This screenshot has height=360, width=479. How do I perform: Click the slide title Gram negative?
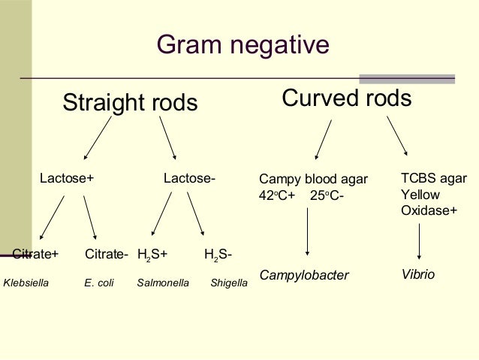click(x=243, y=46)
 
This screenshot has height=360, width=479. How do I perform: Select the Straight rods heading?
click(x=130, y=103)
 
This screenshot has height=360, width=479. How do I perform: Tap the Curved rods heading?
click(x=346, y=98)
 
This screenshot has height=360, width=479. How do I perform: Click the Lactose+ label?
click(x=67, y=179)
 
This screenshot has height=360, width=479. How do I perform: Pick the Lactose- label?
click(x=190, y=179)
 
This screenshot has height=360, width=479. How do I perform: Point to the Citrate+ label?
click(x=36, y=254)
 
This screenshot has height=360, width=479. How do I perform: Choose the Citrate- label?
click(x=106, y=254)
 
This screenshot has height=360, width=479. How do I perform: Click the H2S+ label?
click(x=152, y=255)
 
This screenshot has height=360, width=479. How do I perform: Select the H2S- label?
click(x=218, y=255)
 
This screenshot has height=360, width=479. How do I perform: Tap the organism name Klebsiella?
click(x=29, y=284)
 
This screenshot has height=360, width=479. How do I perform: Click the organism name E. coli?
click(x=98, y=284)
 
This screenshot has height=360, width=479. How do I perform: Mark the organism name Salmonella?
click(x=163, y=284)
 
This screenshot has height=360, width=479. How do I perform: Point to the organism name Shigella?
click(x=229, y=284)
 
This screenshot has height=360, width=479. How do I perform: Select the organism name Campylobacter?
click(x=304, y=276)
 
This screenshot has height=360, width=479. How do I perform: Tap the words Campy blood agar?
click(x=313, y=180)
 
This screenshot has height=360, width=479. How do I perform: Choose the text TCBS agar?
click(x=434, y=178)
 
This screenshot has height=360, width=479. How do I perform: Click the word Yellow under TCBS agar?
click(x=420, y=195)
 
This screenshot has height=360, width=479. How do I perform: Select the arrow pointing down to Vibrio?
click(x=419, y=242)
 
